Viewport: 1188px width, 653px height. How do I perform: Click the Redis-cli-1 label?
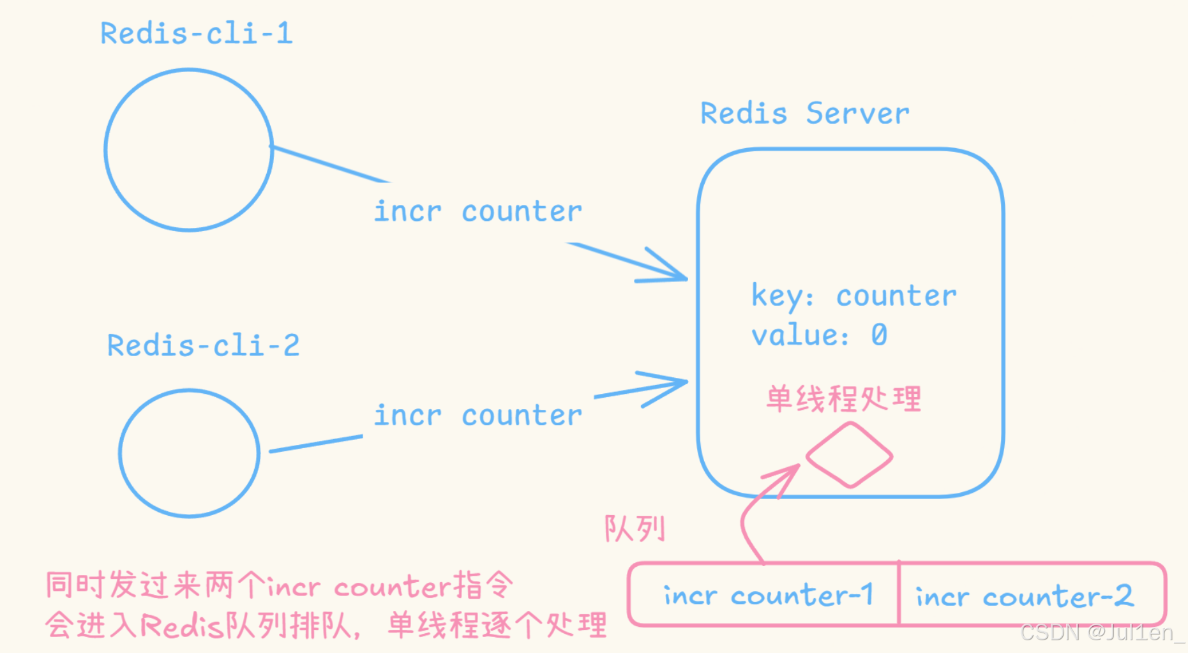click(197, 33)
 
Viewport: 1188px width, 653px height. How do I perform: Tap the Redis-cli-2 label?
click(203, 346)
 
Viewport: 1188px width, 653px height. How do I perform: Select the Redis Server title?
click(804, 114)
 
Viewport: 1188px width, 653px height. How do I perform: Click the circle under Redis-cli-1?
click(189, 150)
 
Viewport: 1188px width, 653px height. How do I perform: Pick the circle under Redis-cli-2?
click(189, 453)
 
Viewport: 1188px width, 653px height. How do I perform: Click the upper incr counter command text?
click(477, 212)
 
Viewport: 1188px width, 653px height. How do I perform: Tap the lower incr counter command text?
click(477, 416)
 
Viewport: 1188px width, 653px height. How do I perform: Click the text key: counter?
click(853, 296)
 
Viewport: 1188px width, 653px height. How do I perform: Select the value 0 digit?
click(879, 335)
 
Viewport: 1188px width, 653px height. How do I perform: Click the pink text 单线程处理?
click(843, 399)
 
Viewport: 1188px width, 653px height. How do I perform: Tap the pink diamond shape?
click(849, 456)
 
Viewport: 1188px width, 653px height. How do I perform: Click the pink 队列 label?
click(635, 529)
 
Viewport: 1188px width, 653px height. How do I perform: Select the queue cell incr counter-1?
click(768, 596)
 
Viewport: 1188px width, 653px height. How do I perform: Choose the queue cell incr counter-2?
click(1025, 597)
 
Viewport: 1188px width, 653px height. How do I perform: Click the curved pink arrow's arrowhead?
click(792, 470)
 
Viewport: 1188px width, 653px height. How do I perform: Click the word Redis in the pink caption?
click(182, 626)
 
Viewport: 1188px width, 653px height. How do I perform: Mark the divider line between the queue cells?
click(899, 594)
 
